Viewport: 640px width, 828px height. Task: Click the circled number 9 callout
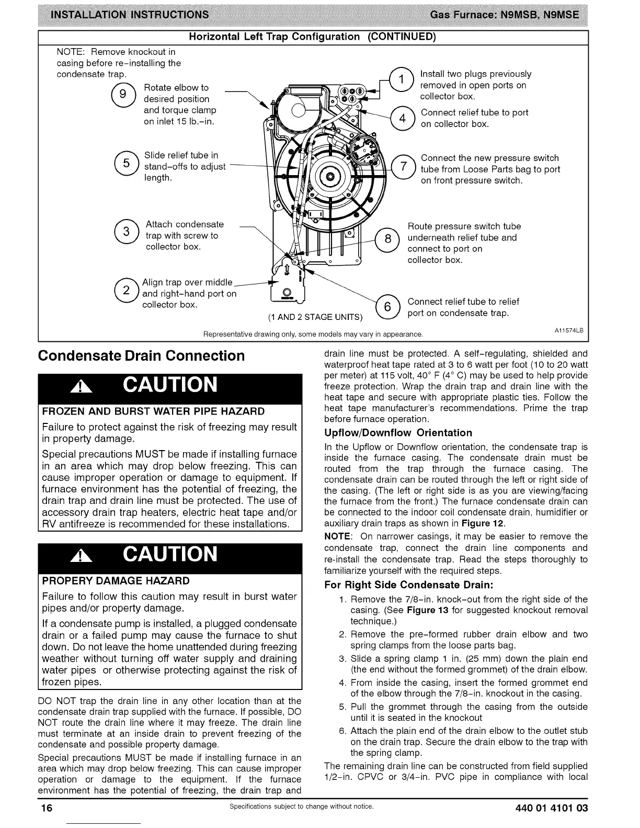[x=122, y=94]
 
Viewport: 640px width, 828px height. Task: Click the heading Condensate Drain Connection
[x=141, y=355]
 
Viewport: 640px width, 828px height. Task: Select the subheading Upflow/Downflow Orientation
[x=398, y=433]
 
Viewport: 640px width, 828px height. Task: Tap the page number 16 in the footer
[x=48, y=808]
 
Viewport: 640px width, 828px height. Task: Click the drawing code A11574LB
[x=568, y=330]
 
